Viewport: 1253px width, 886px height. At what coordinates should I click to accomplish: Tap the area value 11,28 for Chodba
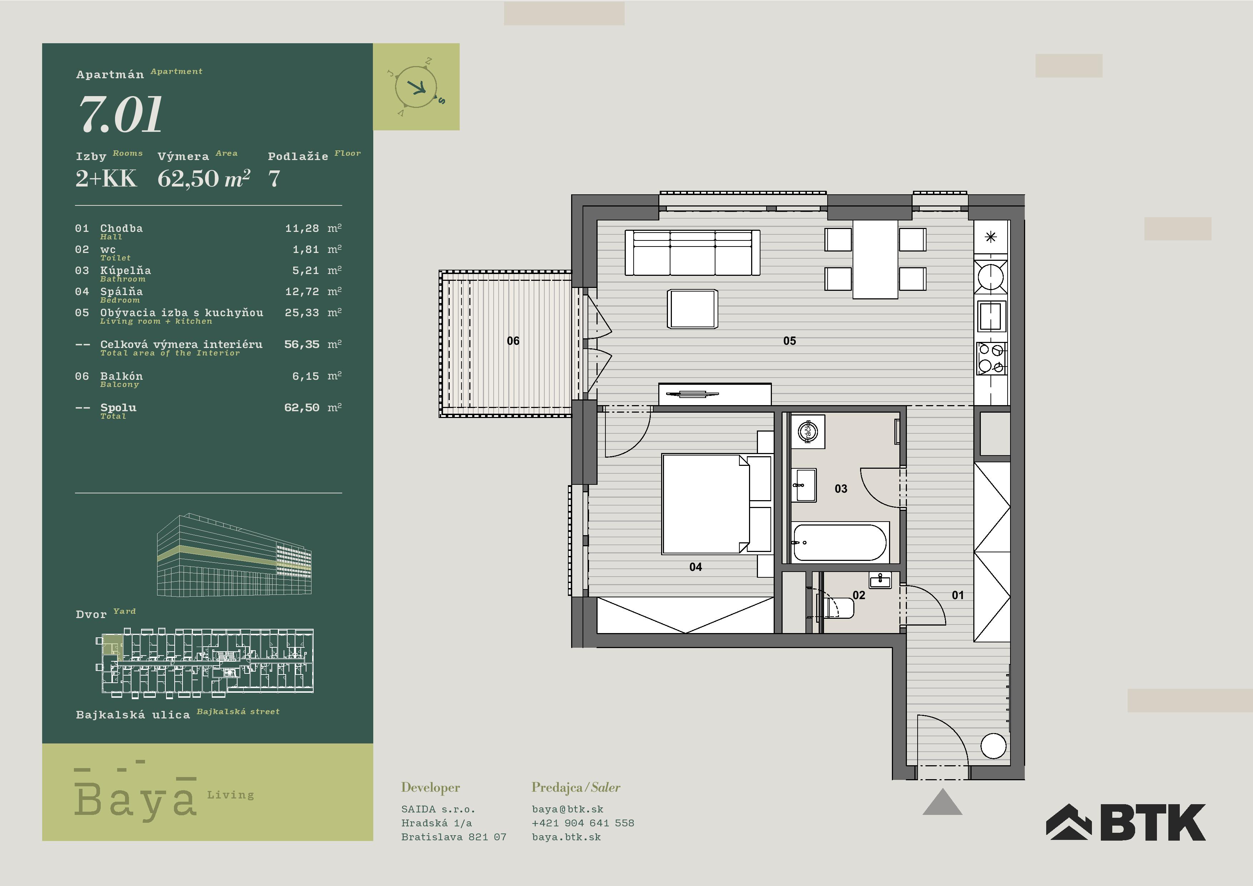click(302, 228)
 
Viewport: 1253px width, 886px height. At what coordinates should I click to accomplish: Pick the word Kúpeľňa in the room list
click(125, 270)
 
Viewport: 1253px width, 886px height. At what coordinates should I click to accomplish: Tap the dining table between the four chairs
click(875, 259)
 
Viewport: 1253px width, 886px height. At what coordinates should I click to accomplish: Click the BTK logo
click(1125, 822)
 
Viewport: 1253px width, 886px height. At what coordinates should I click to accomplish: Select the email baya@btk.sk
click(568, 809)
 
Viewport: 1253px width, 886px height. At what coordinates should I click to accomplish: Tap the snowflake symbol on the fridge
click(990, 237)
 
